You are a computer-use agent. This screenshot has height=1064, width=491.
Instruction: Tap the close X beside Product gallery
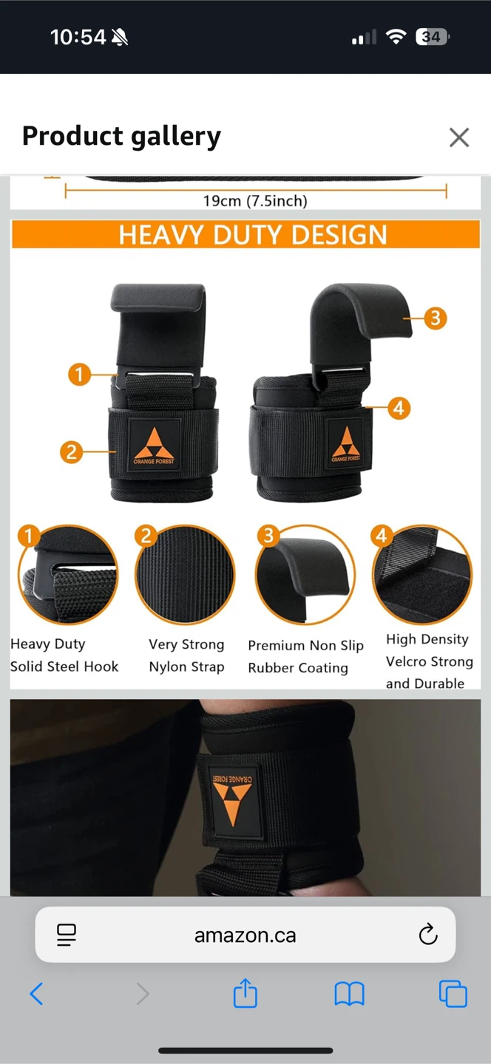pos(459,137)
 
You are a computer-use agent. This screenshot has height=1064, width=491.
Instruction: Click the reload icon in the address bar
pos(428,934)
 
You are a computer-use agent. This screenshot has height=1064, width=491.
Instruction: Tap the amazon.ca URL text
pos(245,935)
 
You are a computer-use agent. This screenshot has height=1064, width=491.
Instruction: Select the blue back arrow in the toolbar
pos(36,994)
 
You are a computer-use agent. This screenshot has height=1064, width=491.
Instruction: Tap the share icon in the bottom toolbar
pos(245,993)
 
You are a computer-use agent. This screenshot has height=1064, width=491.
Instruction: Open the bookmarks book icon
pos(349,995)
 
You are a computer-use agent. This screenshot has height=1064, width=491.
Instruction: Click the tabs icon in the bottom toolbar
pos(453,994)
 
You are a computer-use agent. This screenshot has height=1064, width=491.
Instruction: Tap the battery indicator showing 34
pos(433,37)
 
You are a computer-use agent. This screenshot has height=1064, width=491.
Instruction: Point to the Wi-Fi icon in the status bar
pos(396,37)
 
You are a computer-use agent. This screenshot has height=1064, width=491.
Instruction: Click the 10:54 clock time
pos(78,37)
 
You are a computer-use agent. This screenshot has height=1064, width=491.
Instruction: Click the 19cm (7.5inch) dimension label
pos(255,201)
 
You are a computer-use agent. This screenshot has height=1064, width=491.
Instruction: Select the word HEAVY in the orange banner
pos(161,235)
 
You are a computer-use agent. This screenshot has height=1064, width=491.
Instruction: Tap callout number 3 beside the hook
pos(436,318)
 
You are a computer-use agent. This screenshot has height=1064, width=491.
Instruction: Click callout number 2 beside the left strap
pos(71,451)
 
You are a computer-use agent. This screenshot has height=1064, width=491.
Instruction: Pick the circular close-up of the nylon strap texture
pos(185,574)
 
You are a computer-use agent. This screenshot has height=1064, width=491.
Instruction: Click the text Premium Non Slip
pos(305,646)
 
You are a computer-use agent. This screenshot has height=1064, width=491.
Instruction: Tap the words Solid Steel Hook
pos(64,666)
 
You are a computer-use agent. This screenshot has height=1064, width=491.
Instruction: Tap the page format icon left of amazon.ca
pos(67,935)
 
